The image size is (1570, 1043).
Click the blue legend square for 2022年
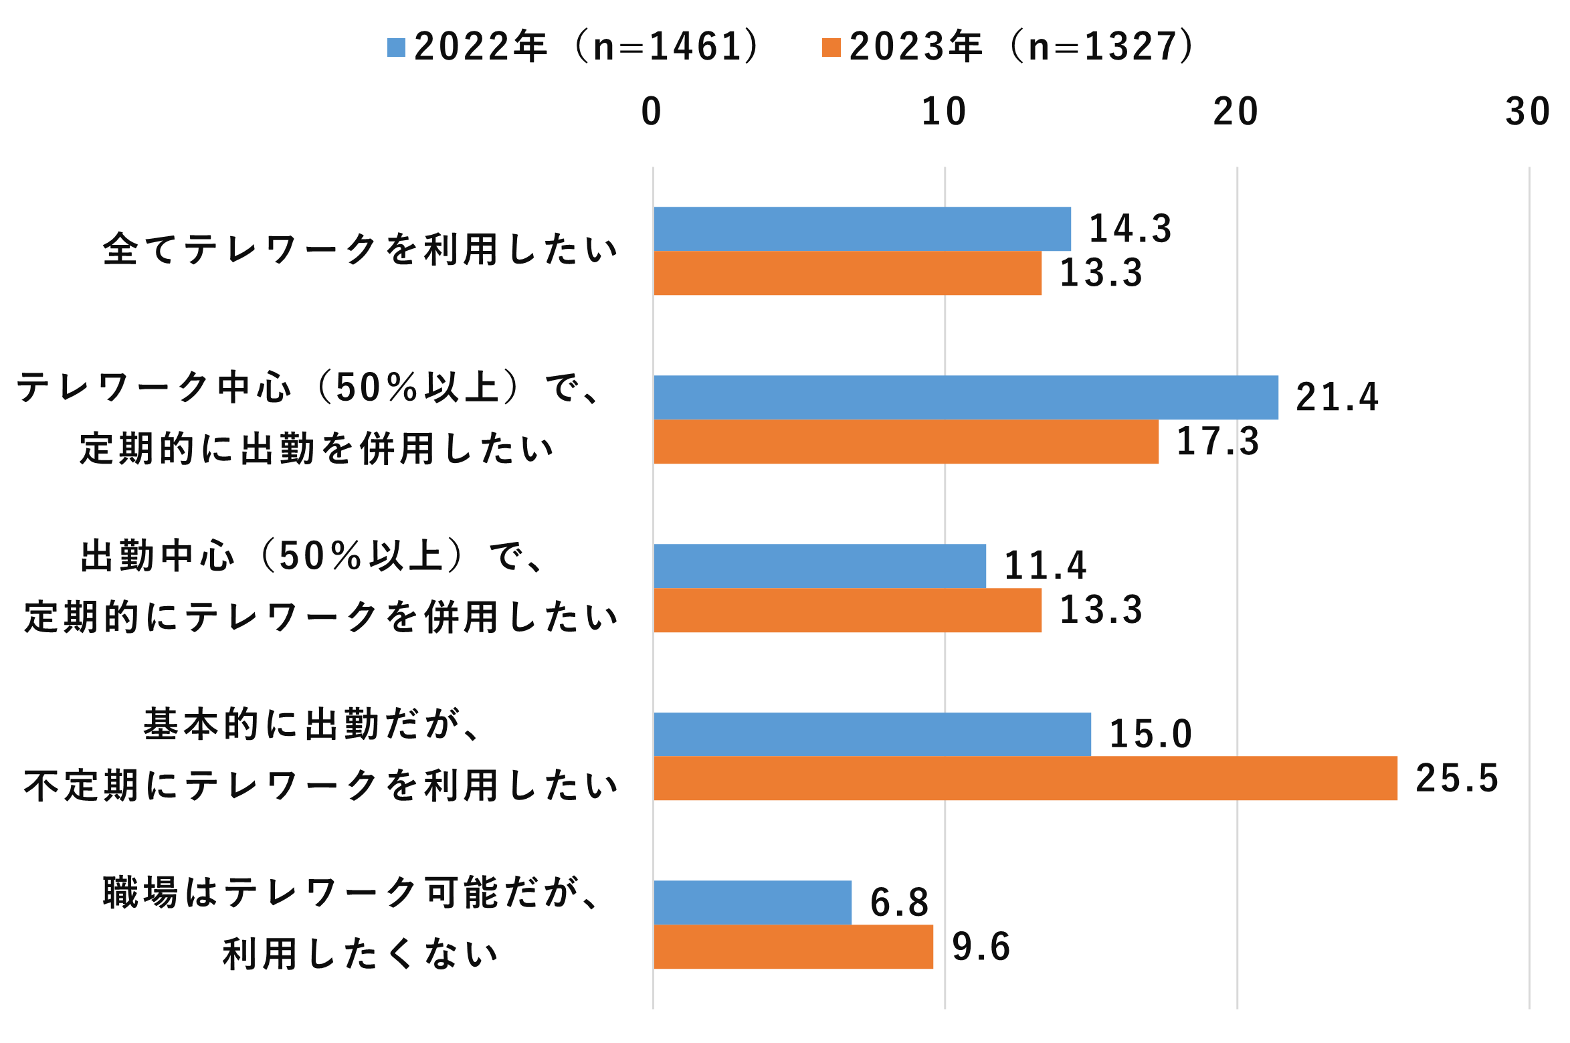[x=396, y=48]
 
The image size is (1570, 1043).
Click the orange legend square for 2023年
[x=831, y=48]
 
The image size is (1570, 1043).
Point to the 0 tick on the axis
[x=651, y=112]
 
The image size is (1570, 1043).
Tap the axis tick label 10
[x=944, y=112]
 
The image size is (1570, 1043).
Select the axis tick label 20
[x=1236, y=112]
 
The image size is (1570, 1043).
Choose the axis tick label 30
[x=1528, y=112]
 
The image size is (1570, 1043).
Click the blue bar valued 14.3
[x=862, y=229]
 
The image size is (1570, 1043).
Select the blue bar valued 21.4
[x=965, y=397]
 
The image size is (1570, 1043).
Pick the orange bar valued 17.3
[x=906, y=442]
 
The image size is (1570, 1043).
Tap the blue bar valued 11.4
[x=819, y=566]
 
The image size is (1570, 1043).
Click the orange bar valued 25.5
[x=1025, y=778]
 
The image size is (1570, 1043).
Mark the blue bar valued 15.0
[x=872, y=734]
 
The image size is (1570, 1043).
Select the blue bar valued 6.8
[x=753, y=903]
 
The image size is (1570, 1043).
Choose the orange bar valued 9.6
[x=793, y=947]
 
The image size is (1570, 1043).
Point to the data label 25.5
[x=1457, y=778]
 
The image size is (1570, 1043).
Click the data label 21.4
[x=1337, y=397]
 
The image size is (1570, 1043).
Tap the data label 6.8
[x=900, y=903]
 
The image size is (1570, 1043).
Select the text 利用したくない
[x=360, y=954]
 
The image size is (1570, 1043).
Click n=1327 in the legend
[x=1100, y=48]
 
